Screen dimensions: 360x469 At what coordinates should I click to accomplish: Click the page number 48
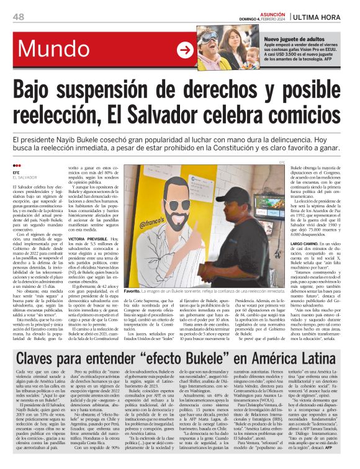tap(18, 16)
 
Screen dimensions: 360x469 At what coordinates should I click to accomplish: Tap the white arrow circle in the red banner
tap(185, 50)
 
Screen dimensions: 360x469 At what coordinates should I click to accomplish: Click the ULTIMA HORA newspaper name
tap(321, 16)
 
